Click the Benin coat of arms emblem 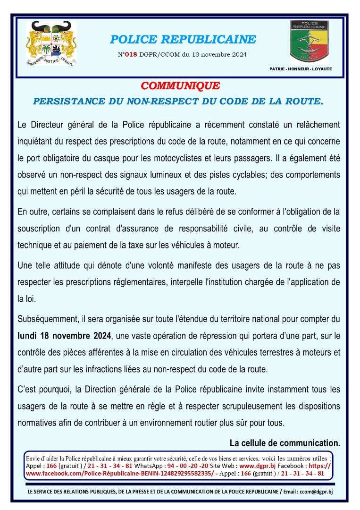(51, 43)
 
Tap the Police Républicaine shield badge (309, 42)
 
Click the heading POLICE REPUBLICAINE (183, 39)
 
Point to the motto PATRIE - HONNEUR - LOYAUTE (301, 69)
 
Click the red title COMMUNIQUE (180, 86)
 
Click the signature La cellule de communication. (285, 443)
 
